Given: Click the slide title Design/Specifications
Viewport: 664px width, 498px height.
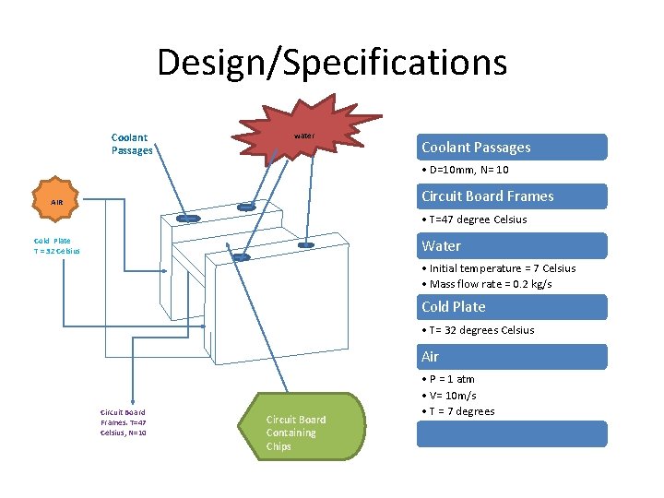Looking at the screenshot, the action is point(332,63).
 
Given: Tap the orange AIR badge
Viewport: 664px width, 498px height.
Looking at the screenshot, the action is point(57,201).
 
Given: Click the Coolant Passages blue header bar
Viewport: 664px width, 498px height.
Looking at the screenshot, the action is point(512,148).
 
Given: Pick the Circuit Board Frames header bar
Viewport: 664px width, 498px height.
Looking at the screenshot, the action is point(512,196).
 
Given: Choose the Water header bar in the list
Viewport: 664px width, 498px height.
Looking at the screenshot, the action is point(512,246).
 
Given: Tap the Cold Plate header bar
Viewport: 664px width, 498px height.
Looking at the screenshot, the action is point(512,307).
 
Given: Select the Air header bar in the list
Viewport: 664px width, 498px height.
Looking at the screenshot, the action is point(512,357).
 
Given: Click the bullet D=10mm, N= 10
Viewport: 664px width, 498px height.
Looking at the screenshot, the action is point(465,171).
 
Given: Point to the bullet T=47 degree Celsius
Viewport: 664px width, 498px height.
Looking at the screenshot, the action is point(474,219).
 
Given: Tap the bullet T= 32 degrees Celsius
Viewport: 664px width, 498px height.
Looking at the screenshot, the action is point(478,330).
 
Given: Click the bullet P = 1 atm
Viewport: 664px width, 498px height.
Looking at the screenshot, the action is point(449,379).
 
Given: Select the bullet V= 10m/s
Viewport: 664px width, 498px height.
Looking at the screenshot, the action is point(449,396).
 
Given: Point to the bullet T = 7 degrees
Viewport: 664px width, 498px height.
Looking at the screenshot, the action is point(458,411).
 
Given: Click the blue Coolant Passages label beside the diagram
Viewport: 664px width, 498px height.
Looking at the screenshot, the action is point(132,144).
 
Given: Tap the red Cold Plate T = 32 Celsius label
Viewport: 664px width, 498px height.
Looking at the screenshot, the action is point(56,246).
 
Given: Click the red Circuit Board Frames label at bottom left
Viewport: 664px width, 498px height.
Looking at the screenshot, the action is point(123,422).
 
